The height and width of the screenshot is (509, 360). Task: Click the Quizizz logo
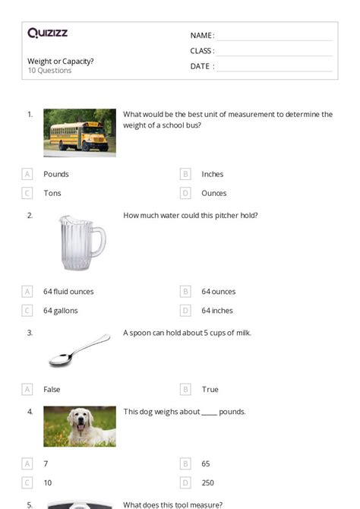click(x=47, y=33)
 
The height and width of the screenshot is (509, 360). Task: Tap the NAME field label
click(x=202, y=36)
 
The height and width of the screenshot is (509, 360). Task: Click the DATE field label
click(x=202, y=66)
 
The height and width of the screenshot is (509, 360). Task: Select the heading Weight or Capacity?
click(x=61, y=61)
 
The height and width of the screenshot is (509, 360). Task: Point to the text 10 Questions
click(x=49, y=71)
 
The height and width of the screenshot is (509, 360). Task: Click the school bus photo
click(x=80, y=132)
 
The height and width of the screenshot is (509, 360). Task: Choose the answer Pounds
click(x=56, y=174)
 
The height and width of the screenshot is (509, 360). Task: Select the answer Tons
click(x=52, y=193)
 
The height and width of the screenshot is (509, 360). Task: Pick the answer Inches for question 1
click(x=213, y=174)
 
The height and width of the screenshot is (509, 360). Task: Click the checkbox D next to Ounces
click(x=185, y=193)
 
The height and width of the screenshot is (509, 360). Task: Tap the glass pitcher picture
click(x=81, y=242)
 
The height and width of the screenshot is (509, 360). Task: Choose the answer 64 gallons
click(x=61, y=310)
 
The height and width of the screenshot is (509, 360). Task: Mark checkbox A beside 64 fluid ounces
click(x=27, y=291)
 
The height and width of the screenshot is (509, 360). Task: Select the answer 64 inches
click(x=217, y=310)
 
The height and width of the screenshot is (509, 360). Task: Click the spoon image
click(x=79, y=350)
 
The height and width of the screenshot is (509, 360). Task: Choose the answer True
click(x=210, y=389)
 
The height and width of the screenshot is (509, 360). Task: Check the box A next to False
click(x=27, y=389)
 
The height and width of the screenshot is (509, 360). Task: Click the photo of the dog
click(x=80, y=426)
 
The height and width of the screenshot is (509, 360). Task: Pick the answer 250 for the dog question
click(x=208, y=482)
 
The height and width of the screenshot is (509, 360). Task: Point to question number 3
click(x=30, y=333)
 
